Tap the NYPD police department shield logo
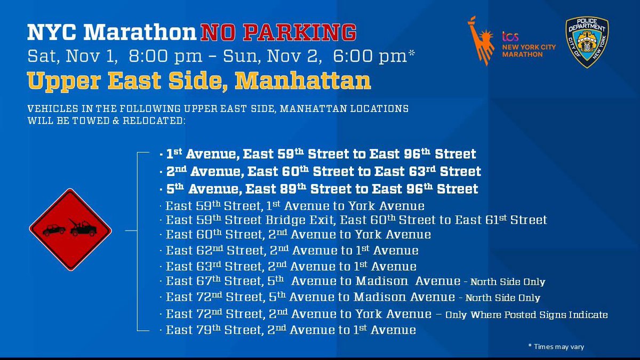[x=587, y=42]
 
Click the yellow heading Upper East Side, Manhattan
[x=199, y=81]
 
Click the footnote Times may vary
[x=556, y=347]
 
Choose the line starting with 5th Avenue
[x=318, y=189]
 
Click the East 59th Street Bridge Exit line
[x=356, y=220]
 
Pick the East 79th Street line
[x=290, y=330]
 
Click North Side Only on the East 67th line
[x=508, y=282]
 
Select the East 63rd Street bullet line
[x=291, y=266]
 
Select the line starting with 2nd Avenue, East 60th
[x=320, y=172]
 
